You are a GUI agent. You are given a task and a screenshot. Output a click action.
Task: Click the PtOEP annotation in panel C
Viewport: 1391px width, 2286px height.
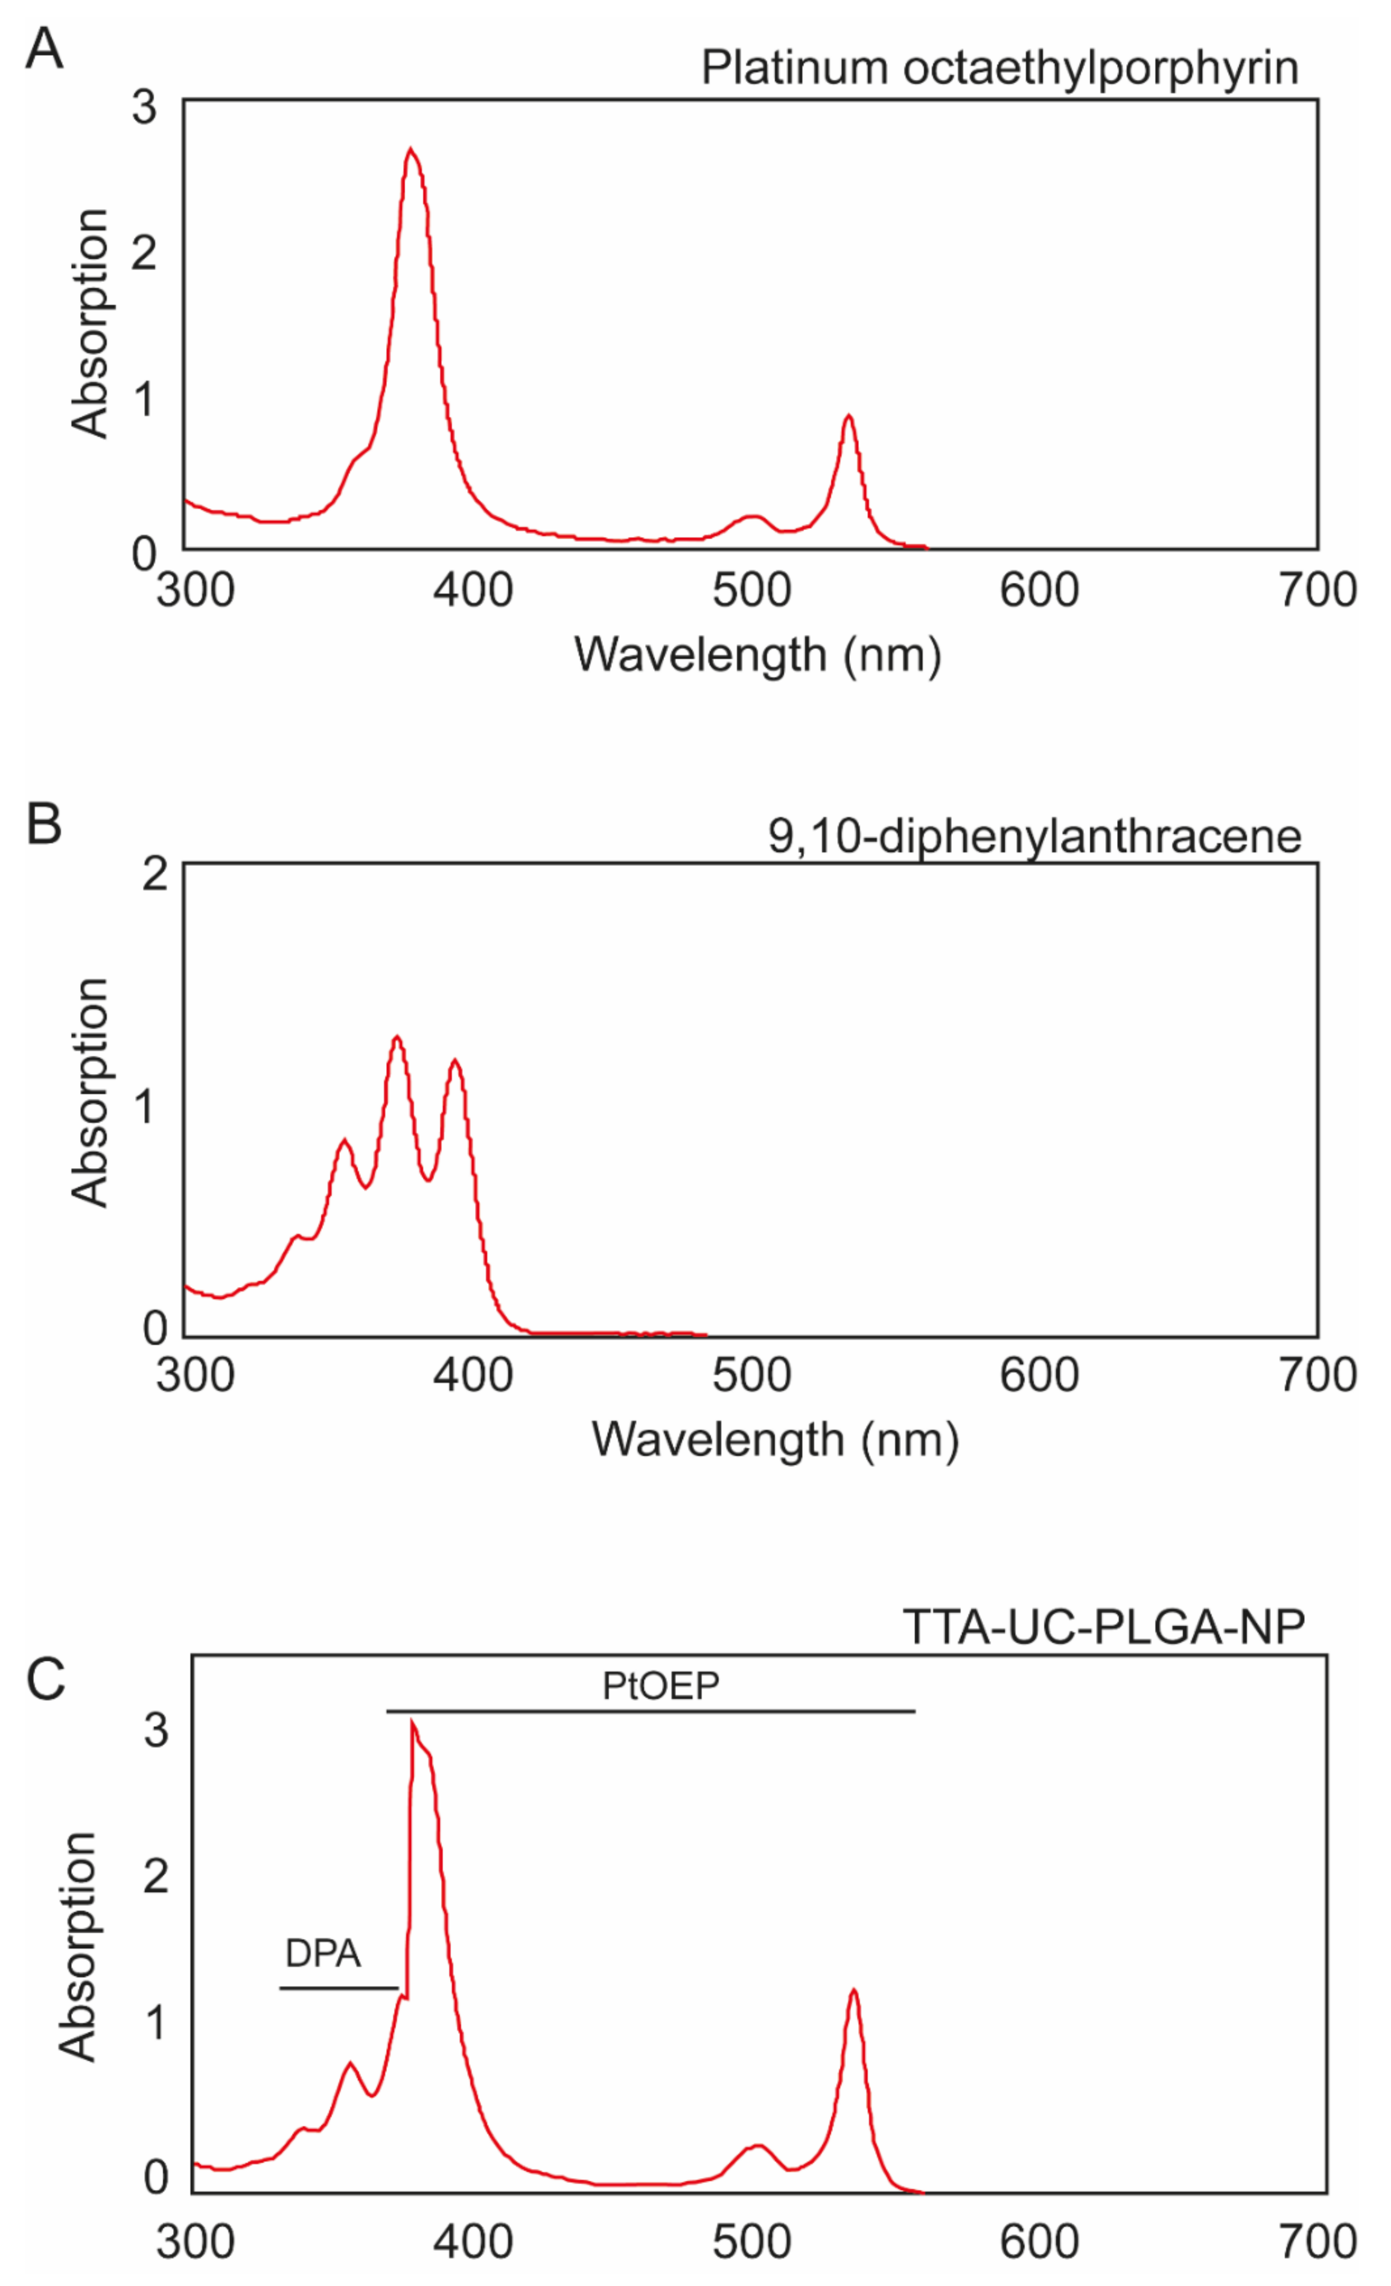[661, 1686]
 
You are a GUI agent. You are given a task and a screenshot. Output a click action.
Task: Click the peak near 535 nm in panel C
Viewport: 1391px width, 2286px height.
[854, 1990]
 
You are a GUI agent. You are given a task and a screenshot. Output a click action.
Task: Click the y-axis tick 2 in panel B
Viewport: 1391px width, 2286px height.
[155, 873]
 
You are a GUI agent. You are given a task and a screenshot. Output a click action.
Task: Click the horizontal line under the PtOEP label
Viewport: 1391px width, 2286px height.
[649, 1711]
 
